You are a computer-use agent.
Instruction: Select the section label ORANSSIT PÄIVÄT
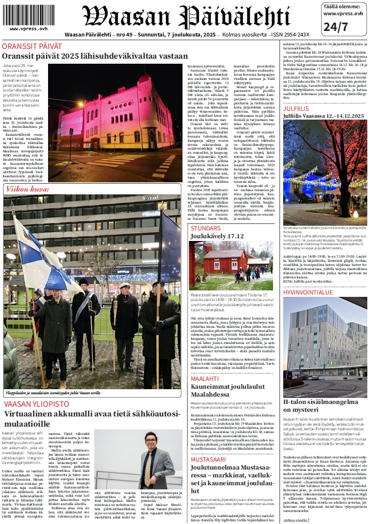coord(31,46)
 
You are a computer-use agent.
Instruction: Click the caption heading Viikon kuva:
coord(26,189)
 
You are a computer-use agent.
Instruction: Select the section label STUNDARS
coord(206,228)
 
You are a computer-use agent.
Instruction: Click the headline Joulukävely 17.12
coord(217,236)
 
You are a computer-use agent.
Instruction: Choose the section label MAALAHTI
coord(205,379)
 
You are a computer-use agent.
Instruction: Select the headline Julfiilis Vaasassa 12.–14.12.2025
coord(323,115)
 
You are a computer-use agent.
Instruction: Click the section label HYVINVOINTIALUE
coord(307,293)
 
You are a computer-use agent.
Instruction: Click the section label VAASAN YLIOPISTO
coord(36,404)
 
